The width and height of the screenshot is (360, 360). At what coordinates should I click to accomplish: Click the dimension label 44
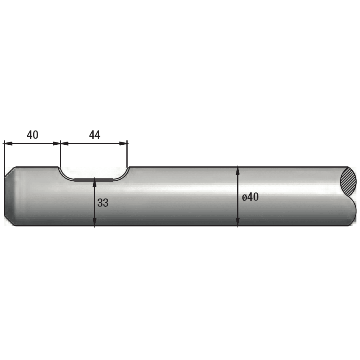coord(94,135)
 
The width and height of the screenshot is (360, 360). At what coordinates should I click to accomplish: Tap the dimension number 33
coord(103,203)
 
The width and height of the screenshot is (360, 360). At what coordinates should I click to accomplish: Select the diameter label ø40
coord(250,197)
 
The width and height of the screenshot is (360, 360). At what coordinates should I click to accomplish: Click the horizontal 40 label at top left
coord(32,135)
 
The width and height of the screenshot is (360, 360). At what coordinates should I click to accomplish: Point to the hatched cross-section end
coord(348,182)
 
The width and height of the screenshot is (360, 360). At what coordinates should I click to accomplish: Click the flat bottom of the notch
coord(94,180)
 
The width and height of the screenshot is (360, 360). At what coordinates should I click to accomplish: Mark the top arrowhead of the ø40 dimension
coord(238,170)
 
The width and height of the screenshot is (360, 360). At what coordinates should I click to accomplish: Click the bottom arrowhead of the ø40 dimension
coord(238,222)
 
